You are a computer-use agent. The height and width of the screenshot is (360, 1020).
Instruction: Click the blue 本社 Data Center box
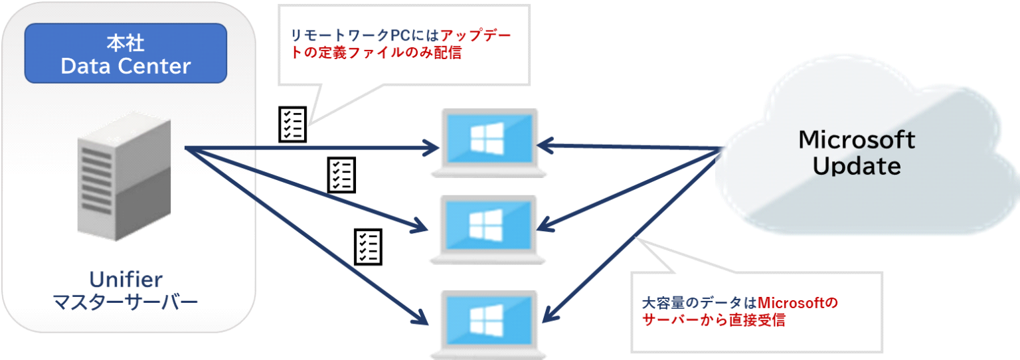126,54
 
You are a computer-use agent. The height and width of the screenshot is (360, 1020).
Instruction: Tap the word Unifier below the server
126,278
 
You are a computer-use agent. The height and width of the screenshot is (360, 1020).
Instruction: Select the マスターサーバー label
126,303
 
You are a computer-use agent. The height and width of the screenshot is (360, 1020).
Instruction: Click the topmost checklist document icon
291,124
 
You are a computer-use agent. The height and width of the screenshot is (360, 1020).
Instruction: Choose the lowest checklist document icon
367,247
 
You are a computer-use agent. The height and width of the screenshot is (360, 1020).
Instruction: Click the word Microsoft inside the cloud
857,139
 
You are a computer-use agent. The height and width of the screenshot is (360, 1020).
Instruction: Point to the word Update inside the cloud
857,165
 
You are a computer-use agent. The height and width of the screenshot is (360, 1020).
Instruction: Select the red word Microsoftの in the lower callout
798,304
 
